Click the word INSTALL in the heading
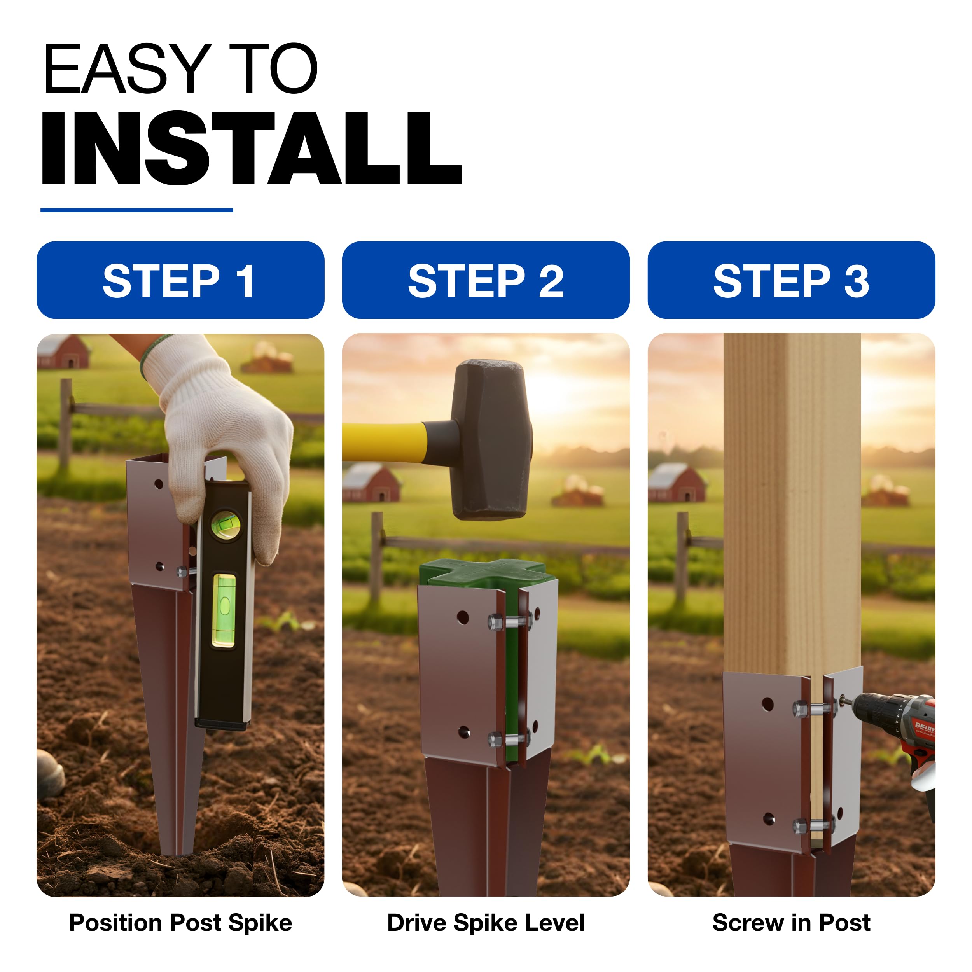point(252,147)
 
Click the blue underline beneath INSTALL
point(137,210)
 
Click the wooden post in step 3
point(792,503)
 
